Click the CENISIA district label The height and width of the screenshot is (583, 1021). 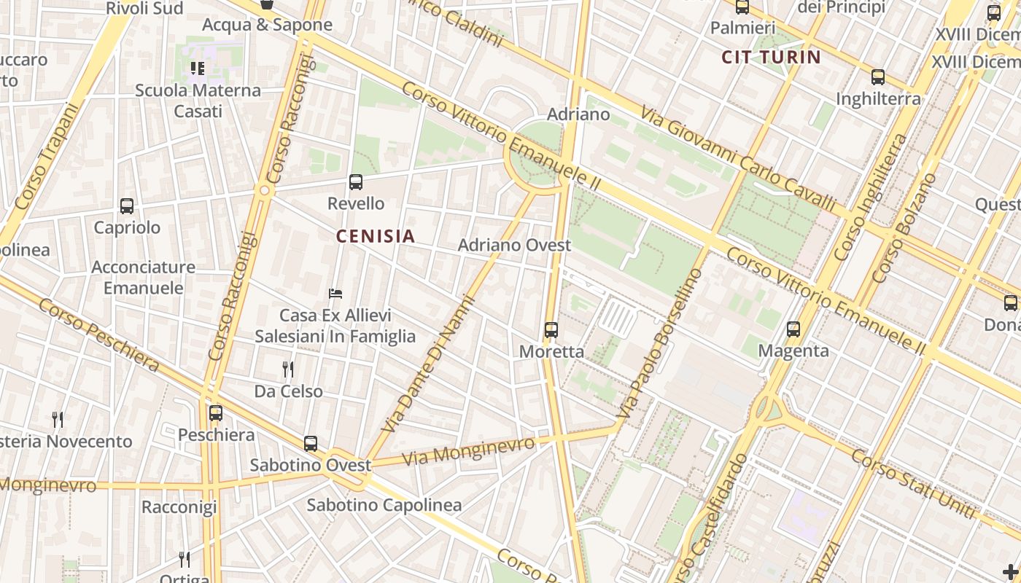(375, 236)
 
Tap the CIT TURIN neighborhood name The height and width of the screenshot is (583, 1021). (771, 57)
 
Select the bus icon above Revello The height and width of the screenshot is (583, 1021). (356, 182)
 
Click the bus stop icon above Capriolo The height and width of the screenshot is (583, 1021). (127, 206)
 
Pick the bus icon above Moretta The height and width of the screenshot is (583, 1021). (551, 330)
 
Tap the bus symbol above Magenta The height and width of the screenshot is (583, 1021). (793, 329)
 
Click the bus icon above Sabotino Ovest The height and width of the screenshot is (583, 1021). (311, 443)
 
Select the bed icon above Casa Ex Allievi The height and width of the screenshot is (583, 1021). (335, 294)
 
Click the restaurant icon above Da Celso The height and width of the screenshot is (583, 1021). (288, 369)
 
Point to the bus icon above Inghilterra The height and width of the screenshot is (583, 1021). (878, 77)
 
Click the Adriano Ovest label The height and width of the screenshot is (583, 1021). (514, 245)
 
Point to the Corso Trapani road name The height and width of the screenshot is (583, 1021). (45, 157)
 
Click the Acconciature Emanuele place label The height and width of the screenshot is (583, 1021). (143, 278)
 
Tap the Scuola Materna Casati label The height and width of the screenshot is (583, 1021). (198, 101)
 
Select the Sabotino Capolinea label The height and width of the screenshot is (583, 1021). (384, 505)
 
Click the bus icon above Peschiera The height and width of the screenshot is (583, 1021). (216, 413)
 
